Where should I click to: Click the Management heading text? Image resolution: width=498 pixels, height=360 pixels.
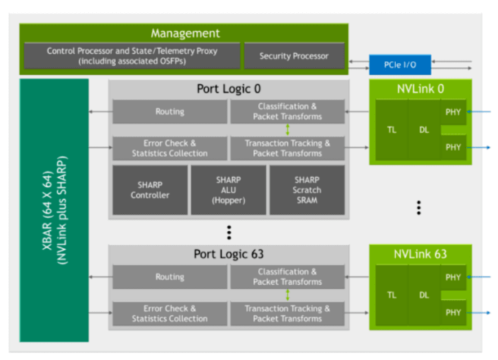(185, 33)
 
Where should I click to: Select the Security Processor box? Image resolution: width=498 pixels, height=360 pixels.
(294, 56)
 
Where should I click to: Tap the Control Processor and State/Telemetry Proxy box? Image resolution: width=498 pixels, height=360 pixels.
(132, 56)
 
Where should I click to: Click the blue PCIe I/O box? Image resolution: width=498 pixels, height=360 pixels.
(399, 65)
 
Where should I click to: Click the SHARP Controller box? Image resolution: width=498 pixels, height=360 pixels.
(150, 190)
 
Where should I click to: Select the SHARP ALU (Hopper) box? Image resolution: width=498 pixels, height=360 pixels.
(228, 190)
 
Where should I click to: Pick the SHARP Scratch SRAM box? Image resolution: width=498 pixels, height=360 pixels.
(307, 190)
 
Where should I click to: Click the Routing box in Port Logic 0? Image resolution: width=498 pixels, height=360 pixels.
(170, 112)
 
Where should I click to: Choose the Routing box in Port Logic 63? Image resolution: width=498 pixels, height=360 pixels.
(170, 277)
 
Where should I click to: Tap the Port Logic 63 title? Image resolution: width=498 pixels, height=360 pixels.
(229, 254)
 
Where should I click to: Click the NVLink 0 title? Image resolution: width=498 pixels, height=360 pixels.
(420, 89)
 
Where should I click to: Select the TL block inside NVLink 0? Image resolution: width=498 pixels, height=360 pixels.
(392, 130)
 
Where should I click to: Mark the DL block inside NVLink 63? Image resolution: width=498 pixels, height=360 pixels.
(424, 295)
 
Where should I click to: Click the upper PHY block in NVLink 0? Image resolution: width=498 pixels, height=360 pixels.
(453, 112)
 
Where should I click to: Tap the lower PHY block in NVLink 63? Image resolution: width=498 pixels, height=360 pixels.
(453, 313)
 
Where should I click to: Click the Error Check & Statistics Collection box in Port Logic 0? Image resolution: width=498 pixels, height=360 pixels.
(170, 149)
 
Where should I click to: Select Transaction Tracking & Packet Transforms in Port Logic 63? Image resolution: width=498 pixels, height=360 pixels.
(287, 313)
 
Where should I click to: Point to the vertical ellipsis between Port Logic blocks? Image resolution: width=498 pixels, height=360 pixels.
(229, 232)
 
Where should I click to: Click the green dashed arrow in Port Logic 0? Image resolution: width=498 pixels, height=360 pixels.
(287, 130)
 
